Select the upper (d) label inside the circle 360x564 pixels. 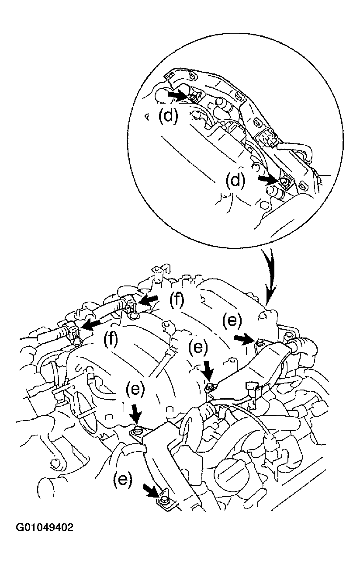pyautogui.click(x=168, y=116)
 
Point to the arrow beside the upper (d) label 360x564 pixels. pyautogui.click(x=179, y=94)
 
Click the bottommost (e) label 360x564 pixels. pyautogui.click(x=122, y=480)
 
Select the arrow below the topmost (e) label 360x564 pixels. pyautogui.click(x=245, y=338)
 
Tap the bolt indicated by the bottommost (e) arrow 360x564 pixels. pyautogui.click(x=164, y=500)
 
